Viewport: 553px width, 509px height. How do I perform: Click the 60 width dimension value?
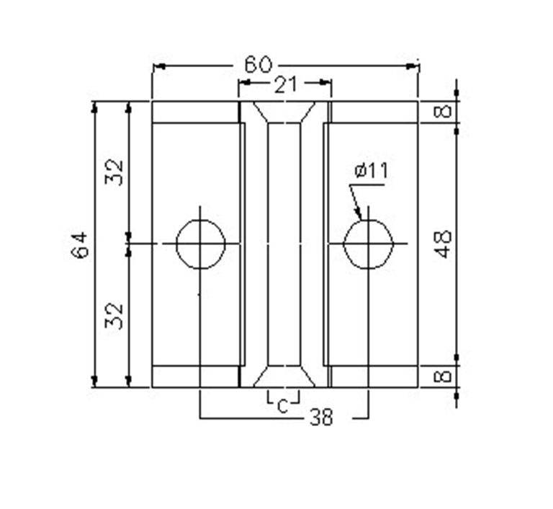pos(258,65)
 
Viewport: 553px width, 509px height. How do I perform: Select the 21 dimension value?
pos(285,85)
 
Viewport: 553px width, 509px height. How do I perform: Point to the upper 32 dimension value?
pos(114,172)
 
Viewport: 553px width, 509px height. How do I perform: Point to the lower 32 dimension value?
pos(114,316)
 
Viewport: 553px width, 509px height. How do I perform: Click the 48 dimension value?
pos(442,244)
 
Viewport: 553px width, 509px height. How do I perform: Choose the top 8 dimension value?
pos(442,112)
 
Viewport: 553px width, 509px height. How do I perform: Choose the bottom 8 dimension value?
pos(442,376)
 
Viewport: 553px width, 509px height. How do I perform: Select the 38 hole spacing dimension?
pos(321,417)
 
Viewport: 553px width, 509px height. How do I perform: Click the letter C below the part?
pos(282,407)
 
